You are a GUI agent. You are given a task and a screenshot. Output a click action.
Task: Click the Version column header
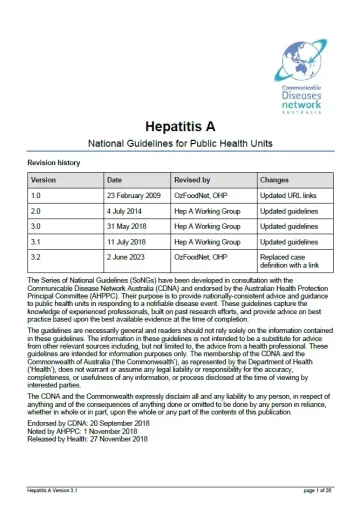(x=44, y=182)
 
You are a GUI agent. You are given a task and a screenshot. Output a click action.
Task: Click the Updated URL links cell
(x=291, y=199)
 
